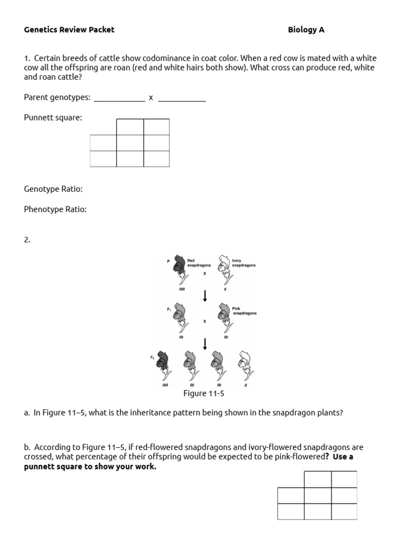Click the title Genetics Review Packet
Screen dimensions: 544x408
[x=69, y=30]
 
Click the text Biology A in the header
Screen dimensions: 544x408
[x=306, y=30]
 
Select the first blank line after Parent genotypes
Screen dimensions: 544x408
[x=119, y=98]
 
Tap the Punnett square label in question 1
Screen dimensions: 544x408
[x=53, y=117]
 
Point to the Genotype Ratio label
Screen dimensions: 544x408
[x=53, y=189]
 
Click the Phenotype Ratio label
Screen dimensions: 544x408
[x=55, y=209]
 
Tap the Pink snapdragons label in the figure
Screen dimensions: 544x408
[x=244, y=311]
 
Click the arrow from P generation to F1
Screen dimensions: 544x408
[x=205, y=295]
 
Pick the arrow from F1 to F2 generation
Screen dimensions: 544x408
[x=205, y=344]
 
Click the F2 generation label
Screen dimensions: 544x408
[x=152, y=358]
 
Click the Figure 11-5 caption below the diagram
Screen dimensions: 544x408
[x=204, y=394]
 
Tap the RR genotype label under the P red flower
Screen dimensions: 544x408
[x=182, y=290]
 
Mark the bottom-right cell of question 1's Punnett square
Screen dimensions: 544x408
[x=156, y=159]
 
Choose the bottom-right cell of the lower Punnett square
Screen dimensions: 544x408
[x=344, y=512]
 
